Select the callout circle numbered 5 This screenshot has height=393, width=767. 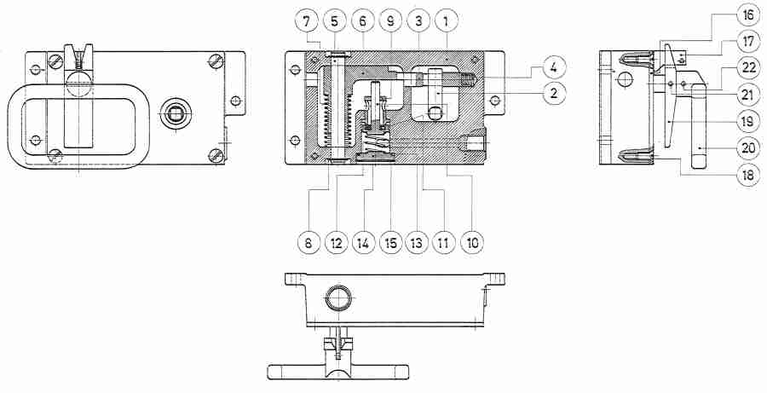336,19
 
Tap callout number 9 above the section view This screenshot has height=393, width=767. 392,19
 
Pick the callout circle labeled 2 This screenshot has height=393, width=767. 553,93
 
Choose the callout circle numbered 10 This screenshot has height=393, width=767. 471,241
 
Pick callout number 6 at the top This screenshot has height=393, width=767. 363,19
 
